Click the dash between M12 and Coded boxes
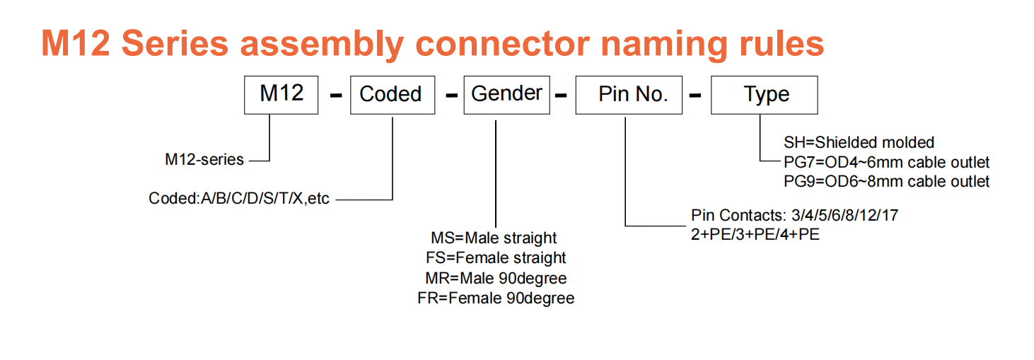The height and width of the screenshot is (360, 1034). click(x=336, y=95)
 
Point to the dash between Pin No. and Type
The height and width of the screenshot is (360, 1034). click(x=695, y=95)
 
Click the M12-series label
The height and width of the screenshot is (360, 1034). click(x=204, y=160)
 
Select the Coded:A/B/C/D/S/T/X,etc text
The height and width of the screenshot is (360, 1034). click(x=238, y=199)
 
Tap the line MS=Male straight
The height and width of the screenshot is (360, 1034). click(x=494, y=238)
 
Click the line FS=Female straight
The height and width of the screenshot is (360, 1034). click(x=496, y=257)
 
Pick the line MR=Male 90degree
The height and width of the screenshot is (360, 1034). click(x=496, y=278)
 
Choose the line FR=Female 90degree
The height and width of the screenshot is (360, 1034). click(x=496, y=298)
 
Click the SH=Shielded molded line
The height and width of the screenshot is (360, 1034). click(x=859, y=143)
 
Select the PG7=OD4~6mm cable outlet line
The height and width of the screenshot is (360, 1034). click(x=887, y=163)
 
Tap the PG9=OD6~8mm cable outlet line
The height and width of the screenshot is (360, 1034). click(x=887, y=181)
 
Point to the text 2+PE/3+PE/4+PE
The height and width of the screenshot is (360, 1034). click(x=755, y=235)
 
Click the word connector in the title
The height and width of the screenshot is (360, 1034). click(x=503, y=44)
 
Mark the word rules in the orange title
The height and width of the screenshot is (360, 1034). click(x=782, y=44)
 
